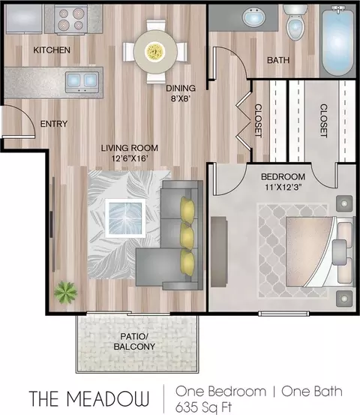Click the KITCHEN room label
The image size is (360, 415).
click(x=52, y=50)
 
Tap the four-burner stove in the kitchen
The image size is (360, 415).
click(x=71, y=20)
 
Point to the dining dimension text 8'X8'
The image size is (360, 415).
click(x=181, y=99)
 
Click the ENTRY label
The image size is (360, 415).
click(x=54, y=124)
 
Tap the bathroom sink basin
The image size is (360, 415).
click(x=254, y=17)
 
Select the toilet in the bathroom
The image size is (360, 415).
click(x=295, y=23)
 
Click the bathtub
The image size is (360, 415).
click(x=337, y=41)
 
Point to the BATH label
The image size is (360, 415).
click(x=278, y=60)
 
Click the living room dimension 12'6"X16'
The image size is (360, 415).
click(x=129, y=158)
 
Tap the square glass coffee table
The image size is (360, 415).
click(x=125, y=218)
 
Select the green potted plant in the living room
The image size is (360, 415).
click(x=65, y=292)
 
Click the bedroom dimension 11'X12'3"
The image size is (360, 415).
click(x=283, y=187)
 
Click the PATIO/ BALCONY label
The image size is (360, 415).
click(x=134, y=341)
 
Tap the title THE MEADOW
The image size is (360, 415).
click(x=89, y=398)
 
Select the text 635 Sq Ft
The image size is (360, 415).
click(x=203, y=407)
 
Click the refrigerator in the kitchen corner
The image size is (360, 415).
click(x=24, y=19)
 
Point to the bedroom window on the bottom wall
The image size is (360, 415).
click(x=283, y=314)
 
